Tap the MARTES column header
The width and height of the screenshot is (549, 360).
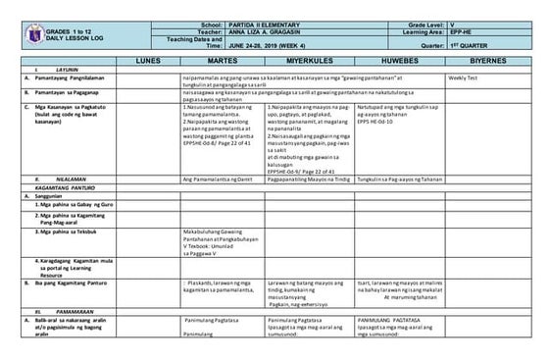click(222, 61)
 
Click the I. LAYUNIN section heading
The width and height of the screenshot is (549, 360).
click(42, 69)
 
